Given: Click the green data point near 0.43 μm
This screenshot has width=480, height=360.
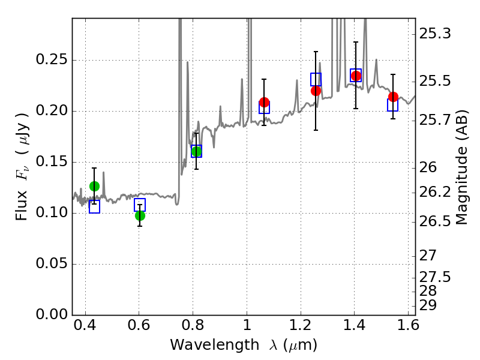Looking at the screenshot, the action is [94, 186].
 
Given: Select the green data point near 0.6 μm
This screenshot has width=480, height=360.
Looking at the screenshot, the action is [140, 216].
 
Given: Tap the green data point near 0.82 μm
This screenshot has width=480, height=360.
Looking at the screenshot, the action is [196, 151].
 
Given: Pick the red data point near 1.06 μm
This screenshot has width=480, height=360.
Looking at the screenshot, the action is [264, 102].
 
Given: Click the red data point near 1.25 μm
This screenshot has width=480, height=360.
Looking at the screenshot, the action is [316, 91].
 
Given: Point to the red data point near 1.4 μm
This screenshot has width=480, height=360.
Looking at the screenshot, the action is [356, 76].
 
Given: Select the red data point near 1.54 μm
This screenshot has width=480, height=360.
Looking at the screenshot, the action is [393, 97].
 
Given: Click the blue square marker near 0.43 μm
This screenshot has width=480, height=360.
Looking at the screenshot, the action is [94, 206].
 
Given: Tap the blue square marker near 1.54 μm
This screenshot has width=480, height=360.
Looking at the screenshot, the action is [392, 105].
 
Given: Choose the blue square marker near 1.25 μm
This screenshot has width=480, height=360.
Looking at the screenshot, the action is [316, 80].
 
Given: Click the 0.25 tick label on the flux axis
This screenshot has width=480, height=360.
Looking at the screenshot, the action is [52, 59].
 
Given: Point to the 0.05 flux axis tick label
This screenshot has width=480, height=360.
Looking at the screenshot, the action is [52, 263].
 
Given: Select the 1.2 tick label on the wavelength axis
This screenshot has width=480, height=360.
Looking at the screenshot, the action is [301, 325].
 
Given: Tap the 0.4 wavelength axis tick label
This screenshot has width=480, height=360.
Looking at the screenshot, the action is [85, 325].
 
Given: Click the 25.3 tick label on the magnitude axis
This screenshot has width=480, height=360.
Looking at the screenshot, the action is [434, 34].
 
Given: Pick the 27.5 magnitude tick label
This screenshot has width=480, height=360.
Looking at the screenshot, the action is [434, 277].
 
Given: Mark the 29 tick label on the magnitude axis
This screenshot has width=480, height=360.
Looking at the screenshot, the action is [428, 305].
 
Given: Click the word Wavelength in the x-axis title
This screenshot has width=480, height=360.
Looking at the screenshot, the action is [215, 345].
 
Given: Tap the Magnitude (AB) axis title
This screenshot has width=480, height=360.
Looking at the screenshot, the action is [462, 167].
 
